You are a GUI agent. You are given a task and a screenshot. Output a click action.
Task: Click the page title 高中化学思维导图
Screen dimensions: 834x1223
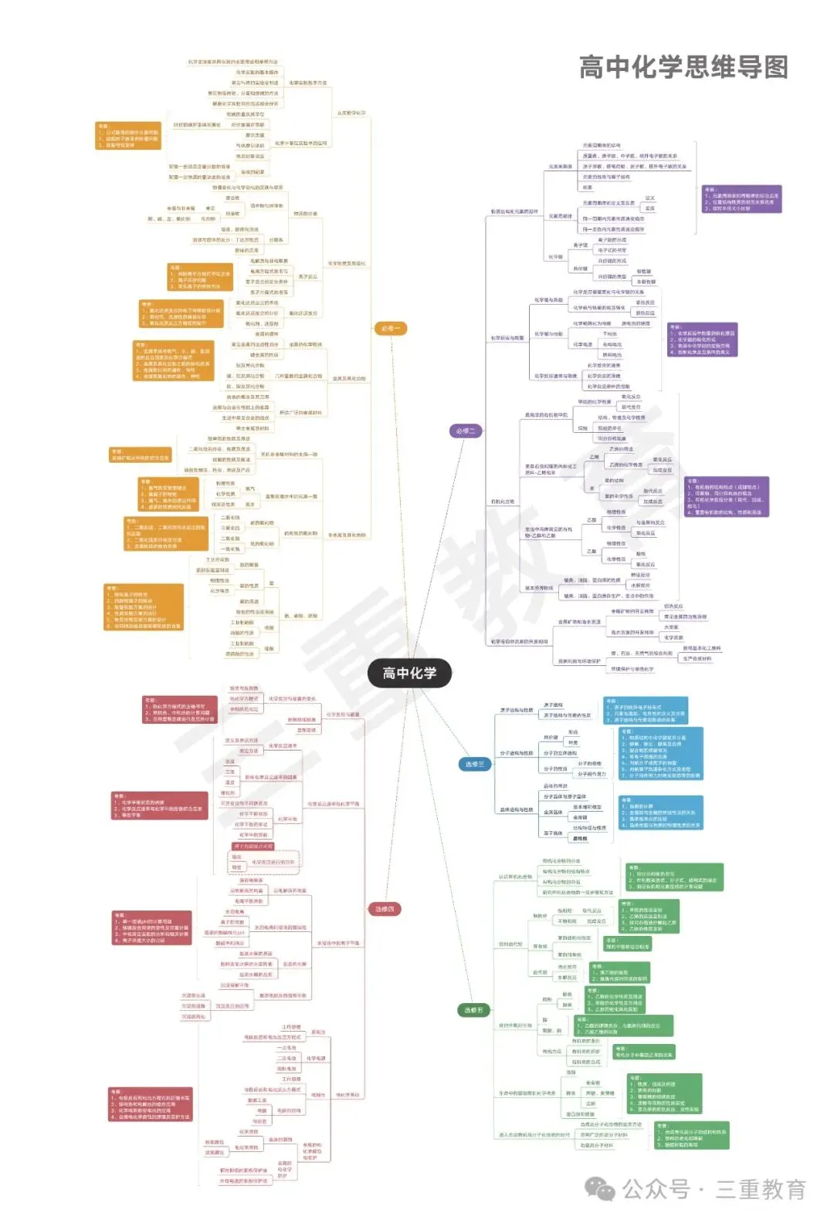683,68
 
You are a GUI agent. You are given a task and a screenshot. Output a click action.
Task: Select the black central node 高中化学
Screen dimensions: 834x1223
409,673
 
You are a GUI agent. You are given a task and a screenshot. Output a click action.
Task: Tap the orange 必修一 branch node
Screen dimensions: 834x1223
390,329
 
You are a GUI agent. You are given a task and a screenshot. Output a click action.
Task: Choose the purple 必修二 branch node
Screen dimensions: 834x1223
466,431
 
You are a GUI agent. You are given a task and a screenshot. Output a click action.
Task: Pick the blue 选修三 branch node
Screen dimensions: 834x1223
474,764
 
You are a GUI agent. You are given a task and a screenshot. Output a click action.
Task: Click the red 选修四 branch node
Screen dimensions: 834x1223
385,909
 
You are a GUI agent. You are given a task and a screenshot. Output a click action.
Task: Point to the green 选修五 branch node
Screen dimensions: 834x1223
473,1010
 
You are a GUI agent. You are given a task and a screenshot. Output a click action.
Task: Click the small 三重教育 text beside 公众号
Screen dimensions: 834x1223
761,1189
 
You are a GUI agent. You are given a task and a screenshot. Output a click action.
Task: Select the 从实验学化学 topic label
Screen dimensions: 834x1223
351,113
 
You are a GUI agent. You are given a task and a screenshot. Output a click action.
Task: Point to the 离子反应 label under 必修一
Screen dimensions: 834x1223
307,276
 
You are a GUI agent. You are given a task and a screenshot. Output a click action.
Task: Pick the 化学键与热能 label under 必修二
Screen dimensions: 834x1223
548,300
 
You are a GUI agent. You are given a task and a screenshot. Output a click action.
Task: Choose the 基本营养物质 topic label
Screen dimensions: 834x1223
539,588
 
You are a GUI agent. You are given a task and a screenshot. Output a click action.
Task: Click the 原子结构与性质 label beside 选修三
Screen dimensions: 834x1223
516,710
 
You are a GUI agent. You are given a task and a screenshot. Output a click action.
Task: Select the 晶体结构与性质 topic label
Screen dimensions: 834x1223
516,810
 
